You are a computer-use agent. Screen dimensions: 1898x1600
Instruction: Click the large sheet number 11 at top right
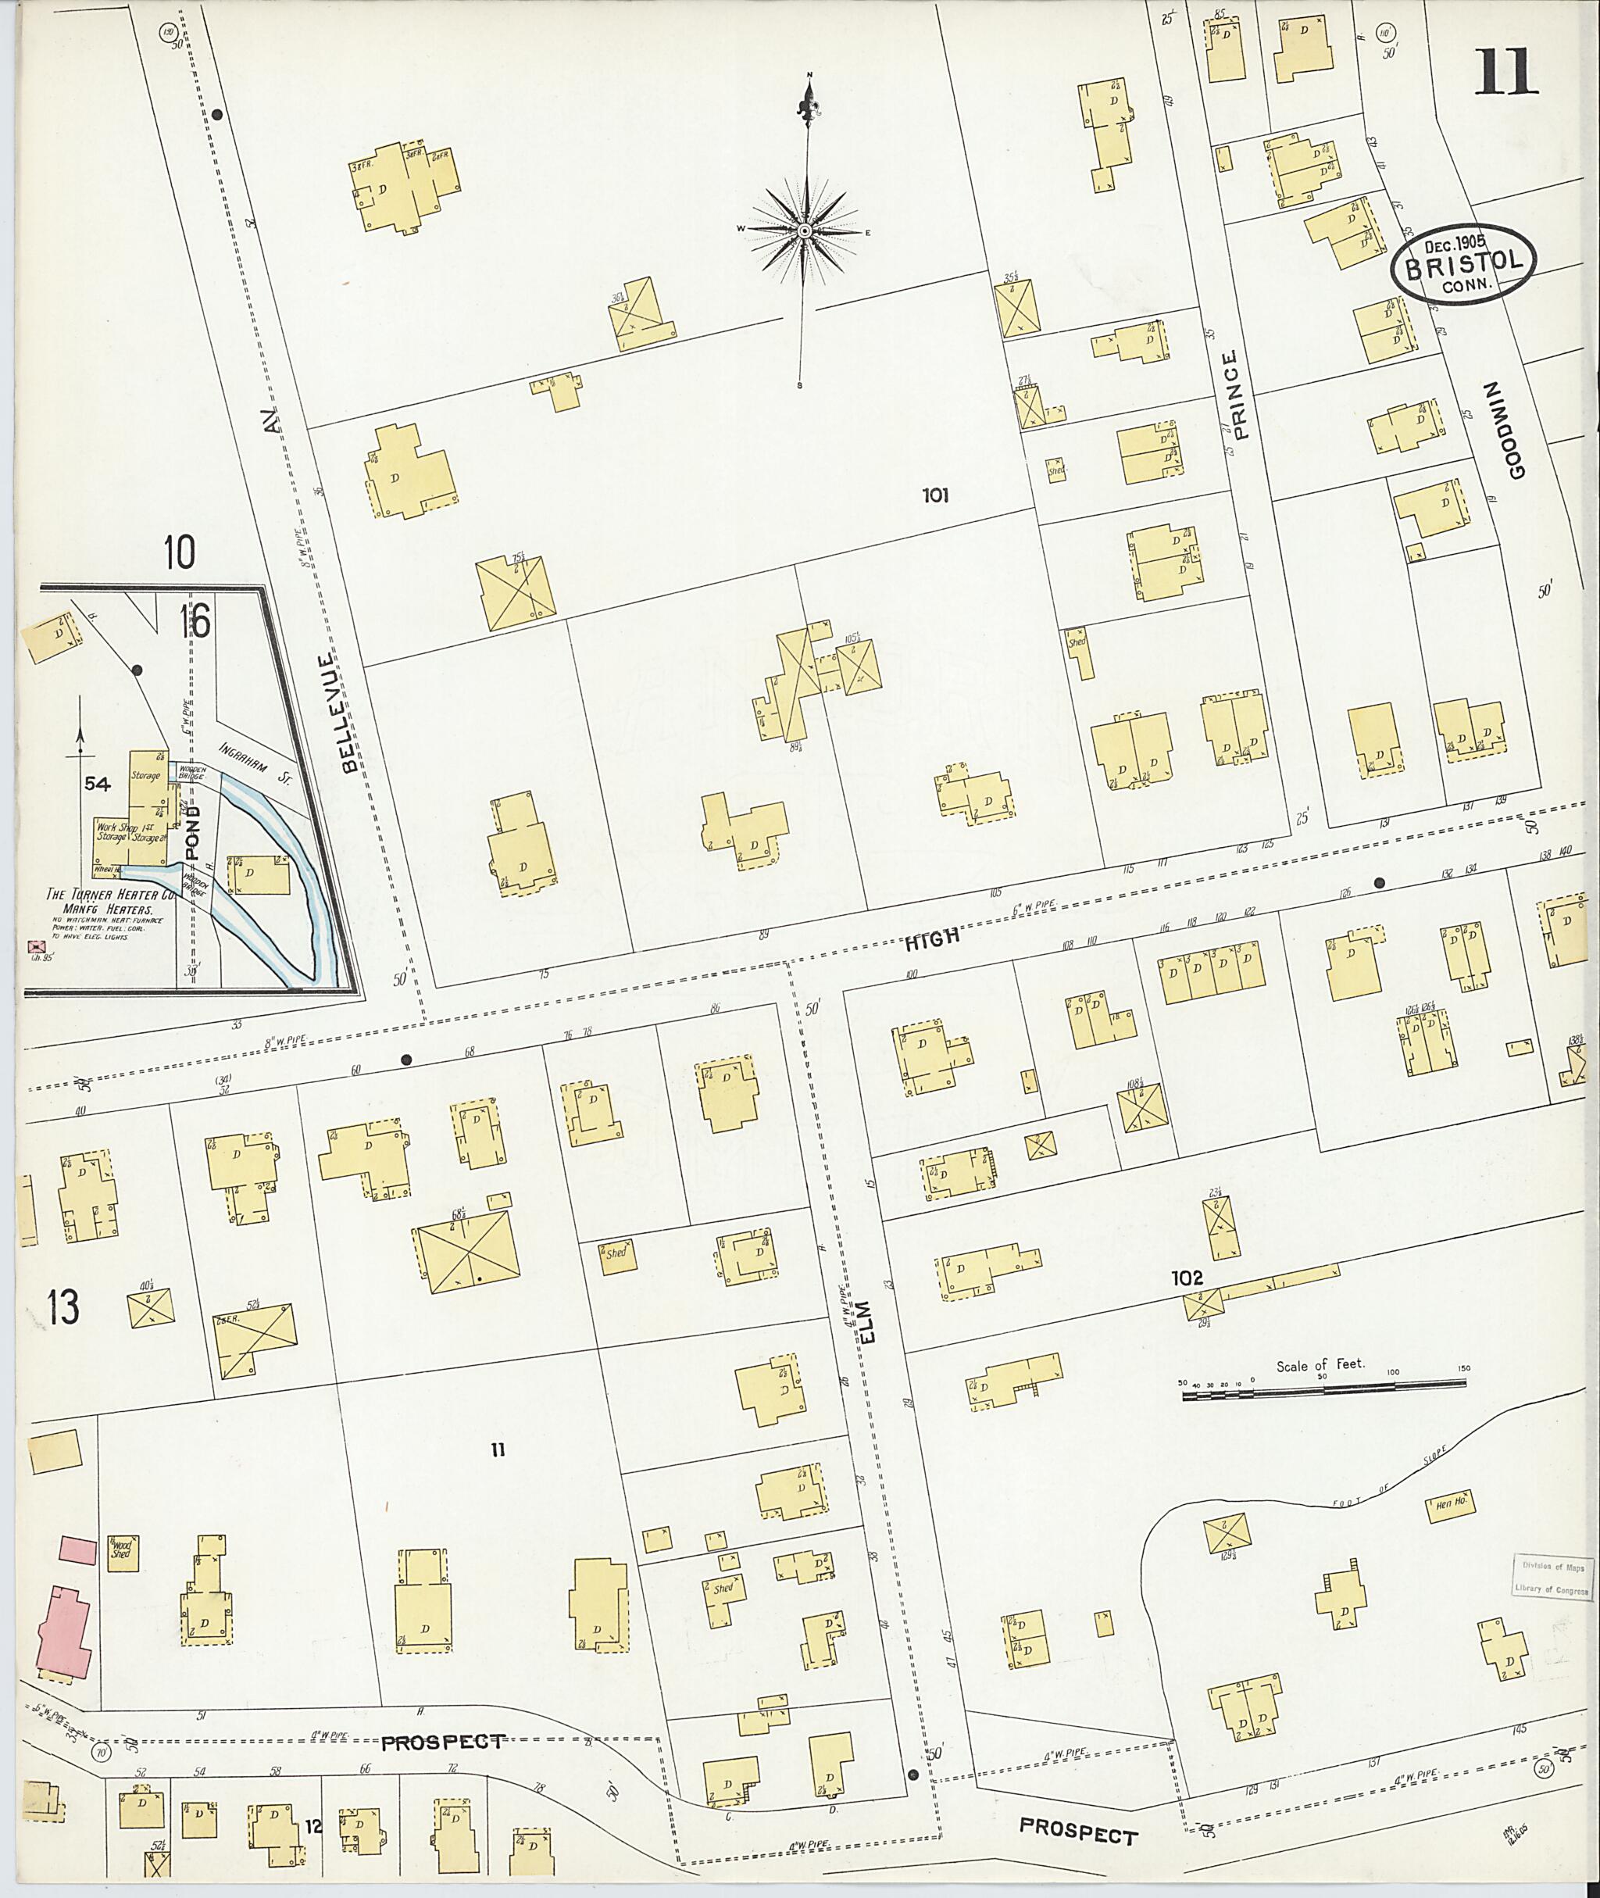1505,73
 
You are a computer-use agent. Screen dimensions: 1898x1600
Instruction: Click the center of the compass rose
805,231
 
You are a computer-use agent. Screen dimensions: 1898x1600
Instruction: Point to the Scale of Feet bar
1323,1387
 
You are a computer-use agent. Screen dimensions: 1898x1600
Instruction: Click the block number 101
935,495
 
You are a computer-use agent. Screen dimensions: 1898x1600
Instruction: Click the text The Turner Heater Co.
98,894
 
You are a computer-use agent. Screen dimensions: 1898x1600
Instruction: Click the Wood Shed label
122,1548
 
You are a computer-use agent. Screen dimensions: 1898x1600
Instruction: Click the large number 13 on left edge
63,1307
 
